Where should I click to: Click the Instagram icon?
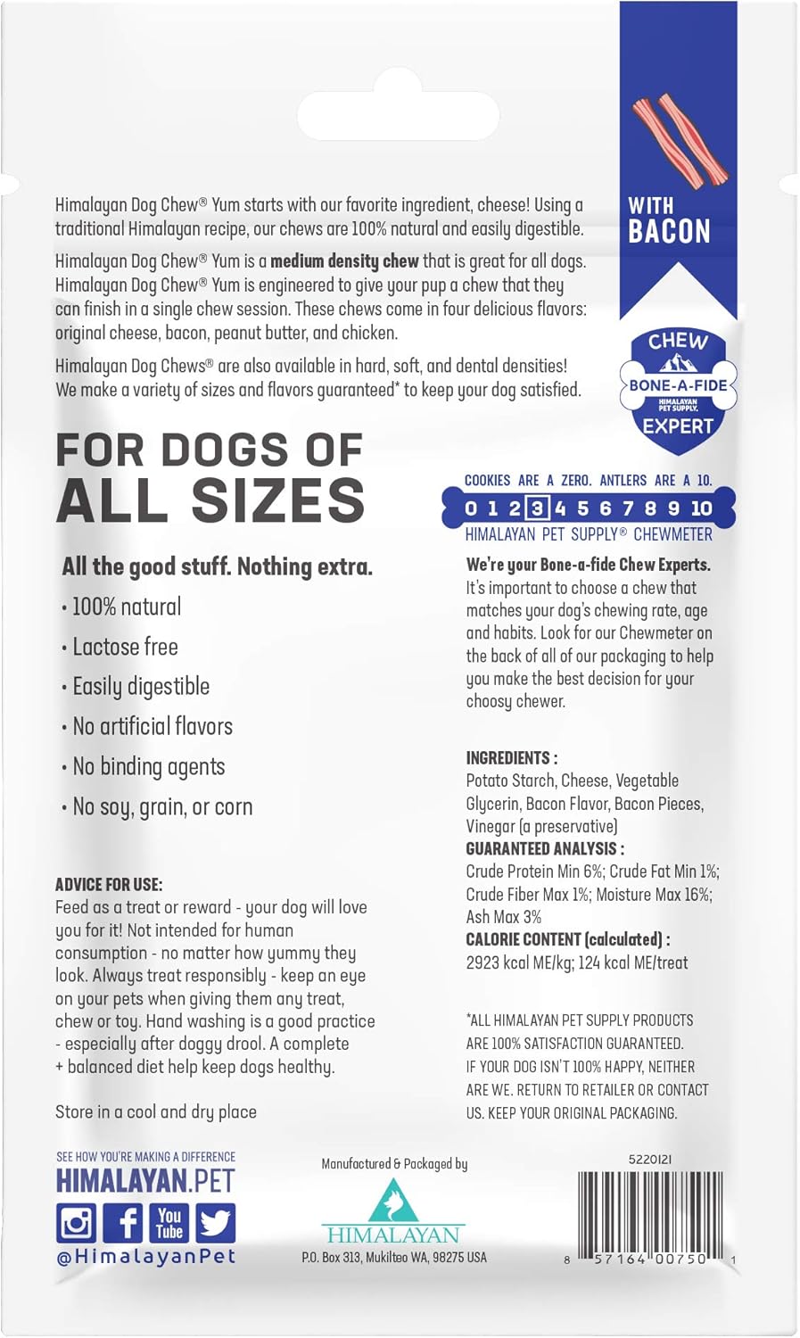click(77, 1222)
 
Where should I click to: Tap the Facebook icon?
click(122, 1222)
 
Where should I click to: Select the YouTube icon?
click(169, 1222)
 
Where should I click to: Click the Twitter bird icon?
click(215, 1222)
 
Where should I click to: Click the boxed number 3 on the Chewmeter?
click(537, 508)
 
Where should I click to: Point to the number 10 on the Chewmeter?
click(701, 508)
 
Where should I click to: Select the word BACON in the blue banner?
click(669, 231)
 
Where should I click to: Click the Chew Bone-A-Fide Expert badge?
click(678, 384)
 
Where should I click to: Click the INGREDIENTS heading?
click(511, 757)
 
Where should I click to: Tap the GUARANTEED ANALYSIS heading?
click(545, 848)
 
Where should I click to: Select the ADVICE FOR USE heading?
click(109, 885)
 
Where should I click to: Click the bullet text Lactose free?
click(125, 647)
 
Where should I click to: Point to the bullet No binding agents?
click(148, 767)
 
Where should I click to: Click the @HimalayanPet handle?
click(145, 1256)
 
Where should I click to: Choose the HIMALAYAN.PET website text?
click(144, 1181)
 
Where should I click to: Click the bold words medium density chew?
click(344, 261)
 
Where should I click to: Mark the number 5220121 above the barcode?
click(650, 1160)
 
